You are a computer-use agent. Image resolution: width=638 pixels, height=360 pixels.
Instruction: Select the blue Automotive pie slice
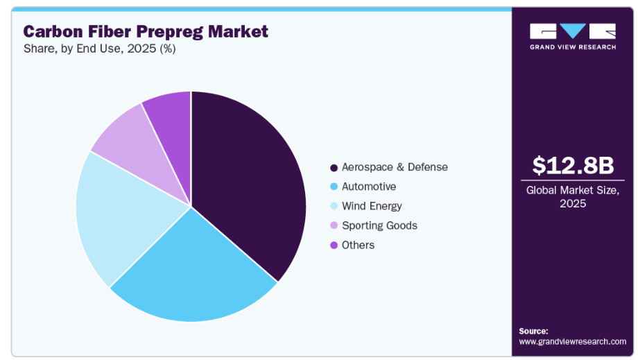pos(194,271)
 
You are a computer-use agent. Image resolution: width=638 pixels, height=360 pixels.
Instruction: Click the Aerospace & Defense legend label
pos(395,167)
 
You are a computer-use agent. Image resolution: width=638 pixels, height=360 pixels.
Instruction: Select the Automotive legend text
pos(369,187)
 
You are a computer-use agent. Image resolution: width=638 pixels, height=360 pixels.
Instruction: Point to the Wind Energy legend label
pos(372,206)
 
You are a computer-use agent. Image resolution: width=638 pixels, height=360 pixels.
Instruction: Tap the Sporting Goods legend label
pos(379,225)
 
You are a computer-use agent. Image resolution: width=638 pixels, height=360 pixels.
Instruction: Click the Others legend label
pos(358,245)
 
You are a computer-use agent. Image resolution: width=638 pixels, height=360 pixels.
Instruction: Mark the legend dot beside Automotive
pos(334,187)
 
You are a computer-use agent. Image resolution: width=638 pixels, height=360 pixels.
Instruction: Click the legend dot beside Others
pos(334,245)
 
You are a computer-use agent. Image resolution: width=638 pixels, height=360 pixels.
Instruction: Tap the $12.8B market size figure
pos(573,164)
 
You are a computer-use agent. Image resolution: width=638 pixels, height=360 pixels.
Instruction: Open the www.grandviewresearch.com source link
pos(572,341)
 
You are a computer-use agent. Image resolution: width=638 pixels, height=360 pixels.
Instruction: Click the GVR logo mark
pos(573,31)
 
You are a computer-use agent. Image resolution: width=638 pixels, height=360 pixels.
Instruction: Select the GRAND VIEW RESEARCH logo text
pos(573,47)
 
